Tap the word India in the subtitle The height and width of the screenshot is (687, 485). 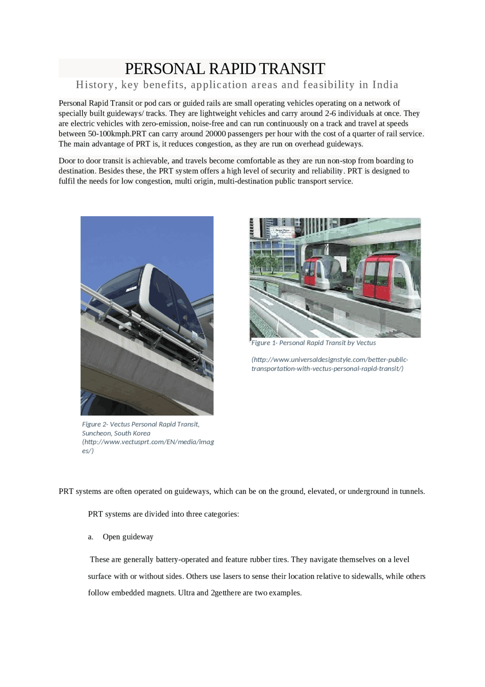[x=385, y=85]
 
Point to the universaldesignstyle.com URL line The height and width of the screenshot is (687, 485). [x=330, y=360]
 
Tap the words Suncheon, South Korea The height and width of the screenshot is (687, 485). [x=116, y=433]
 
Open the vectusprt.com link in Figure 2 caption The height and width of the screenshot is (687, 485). [x=148, y=442]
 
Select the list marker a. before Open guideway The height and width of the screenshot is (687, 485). [x=91, y=537]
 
